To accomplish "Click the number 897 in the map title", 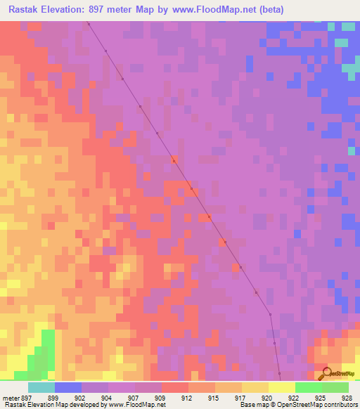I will pos(112,9).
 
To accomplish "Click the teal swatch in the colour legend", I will pos(41,388).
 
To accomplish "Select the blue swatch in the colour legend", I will pos(68,388).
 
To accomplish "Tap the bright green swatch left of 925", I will pos(308,388).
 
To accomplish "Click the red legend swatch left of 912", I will pos(174,388).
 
